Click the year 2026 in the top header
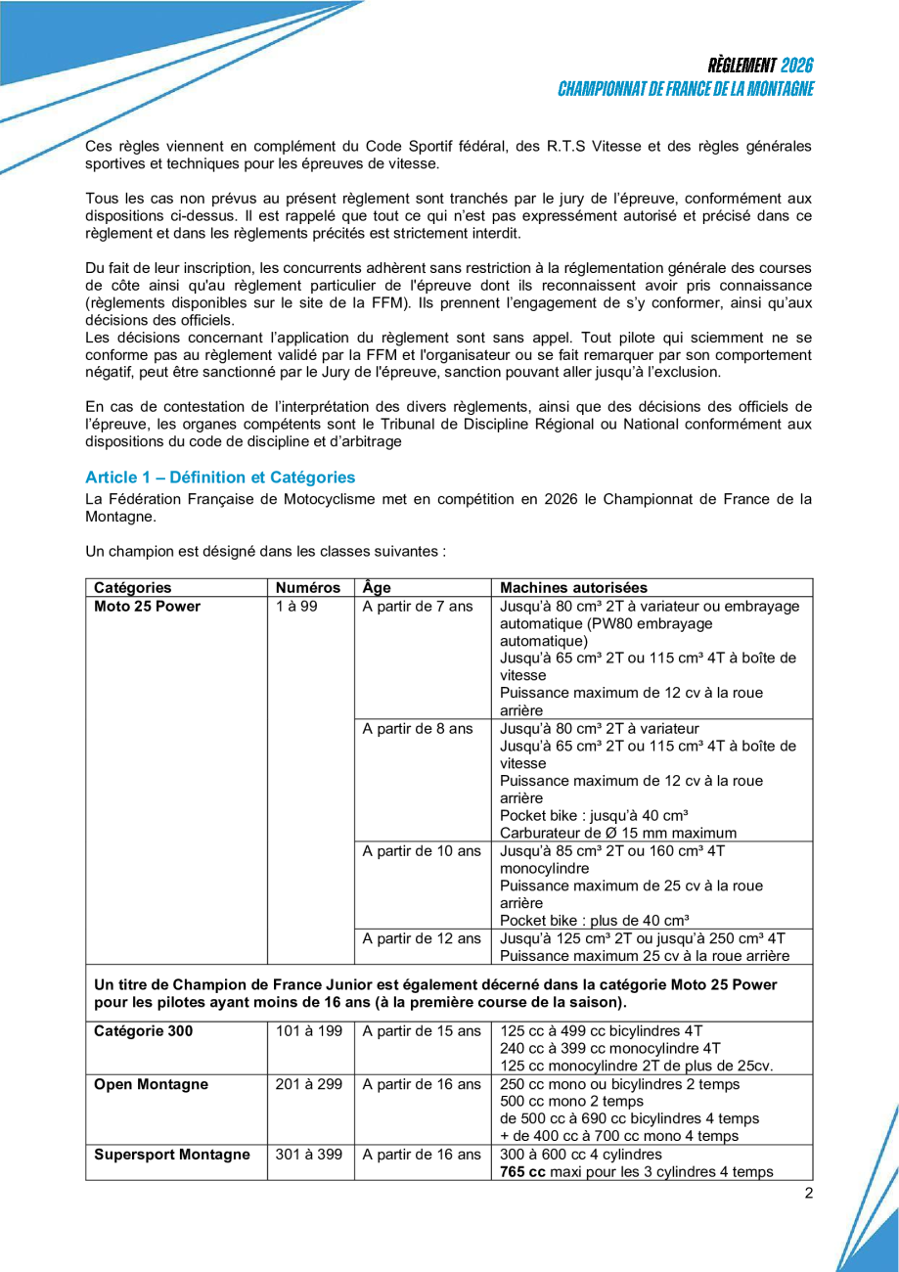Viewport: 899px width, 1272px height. (797, 66)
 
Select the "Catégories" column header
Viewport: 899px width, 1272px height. (133, 588)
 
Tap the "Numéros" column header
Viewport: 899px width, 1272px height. (308, 588)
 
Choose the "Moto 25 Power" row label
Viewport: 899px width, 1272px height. (148, 607)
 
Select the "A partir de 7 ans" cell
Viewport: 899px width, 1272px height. (418, 607)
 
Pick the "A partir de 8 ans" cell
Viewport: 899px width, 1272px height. (418, 728)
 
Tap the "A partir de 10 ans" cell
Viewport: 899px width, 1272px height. (422, 850)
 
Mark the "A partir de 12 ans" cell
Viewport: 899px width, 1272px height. (422, 938)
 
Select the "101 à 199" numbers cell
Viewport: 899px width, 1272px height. (307, 1031)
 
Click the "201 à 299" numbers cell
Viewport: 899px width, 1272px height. (307, 1084)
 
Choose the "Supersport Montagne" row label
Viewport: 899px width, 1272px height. (172, 1155)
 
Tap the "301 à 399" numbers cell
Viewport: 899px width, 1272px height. (307, 1155)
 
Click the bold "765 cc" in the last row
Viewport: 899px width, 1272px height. (522, 1172)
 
